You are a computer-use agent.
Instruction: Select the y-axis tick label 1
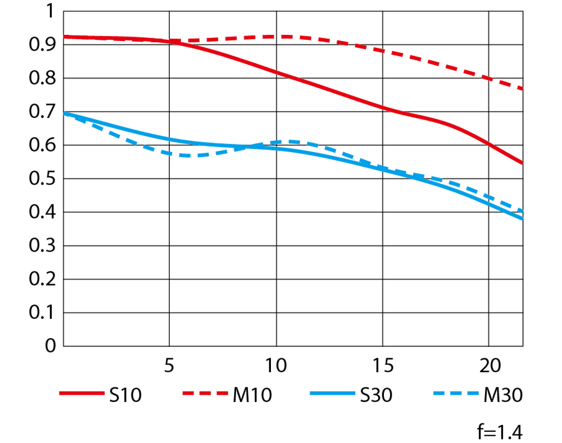51,12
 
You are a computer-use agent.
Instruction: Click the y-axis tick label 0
51,346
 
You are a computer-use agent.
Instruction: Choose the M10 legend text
252,396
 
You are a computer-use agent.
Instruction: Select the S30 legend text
373,396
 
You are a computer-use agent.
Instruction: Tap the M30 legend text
503,396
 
